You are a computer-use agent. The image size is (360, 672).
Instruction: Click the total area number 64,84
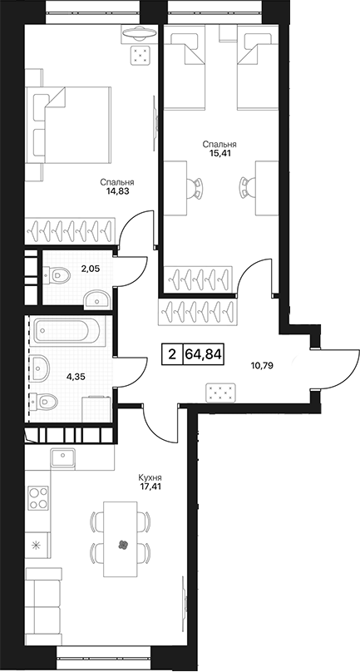[204, 354]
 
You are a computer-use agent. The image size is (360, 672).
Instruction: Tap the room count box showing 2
[172, 354]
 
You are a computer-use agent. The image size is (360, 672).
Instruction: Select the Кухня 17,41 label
[150, 482]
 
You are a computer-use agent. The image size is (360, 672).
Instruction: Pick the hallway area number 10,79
[261, 366]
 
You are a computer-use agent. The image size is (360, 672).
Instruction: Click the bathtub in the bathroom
[67, 330]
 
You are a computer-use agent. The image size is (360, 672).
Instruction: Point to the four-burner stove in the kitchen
[37, 498]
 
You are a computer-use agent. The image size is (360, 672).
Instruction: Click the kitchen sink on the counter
[62, 458]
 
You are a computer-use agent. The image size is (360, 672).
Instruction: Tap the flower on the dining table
[123, 545]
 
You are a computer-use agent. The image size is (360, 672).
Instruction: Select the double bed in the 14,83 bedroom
[68, 126]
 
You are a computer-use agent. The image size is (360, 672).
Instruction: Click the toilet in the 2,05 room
[57, 274]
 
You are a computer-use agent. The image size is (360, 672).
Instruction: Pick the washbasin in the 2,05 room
[96, 299]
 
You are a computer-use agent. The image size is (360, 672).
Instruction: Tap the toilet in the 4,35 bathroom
[45, 402]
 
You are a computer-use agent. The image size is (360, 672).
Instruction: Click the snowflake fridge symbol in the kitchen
[36, 546]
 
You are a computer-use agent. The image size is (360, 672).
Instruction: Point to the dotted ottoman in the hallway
[220, 393]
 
